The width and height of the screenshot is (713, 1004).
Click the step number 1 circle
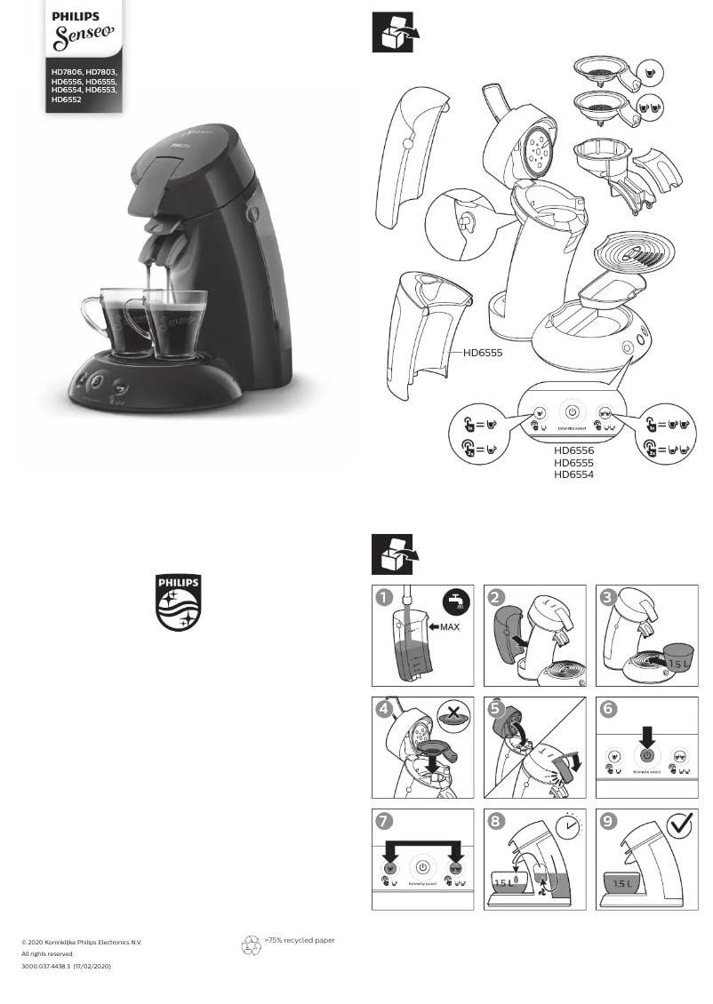click(x=384, y=599)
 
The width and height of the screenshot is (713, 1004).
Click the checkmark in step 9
click(x=679, y=827)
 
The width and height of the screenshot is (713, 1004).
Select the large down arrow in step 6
click(x=647, y=735)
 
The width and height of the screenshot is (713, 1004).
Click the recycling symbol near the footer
click(x=252, y=944)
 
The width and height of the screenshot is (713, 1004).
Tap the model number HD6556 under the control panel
click(x=573, y=450)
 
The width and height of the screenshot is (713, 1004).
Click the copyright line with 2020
click(x=81, y=942)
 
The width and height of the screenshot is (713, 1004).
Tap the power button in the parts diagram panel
click(x=573, y=413)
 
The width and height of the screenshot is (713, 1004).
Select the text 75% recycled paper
click(x=300, y=939)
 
